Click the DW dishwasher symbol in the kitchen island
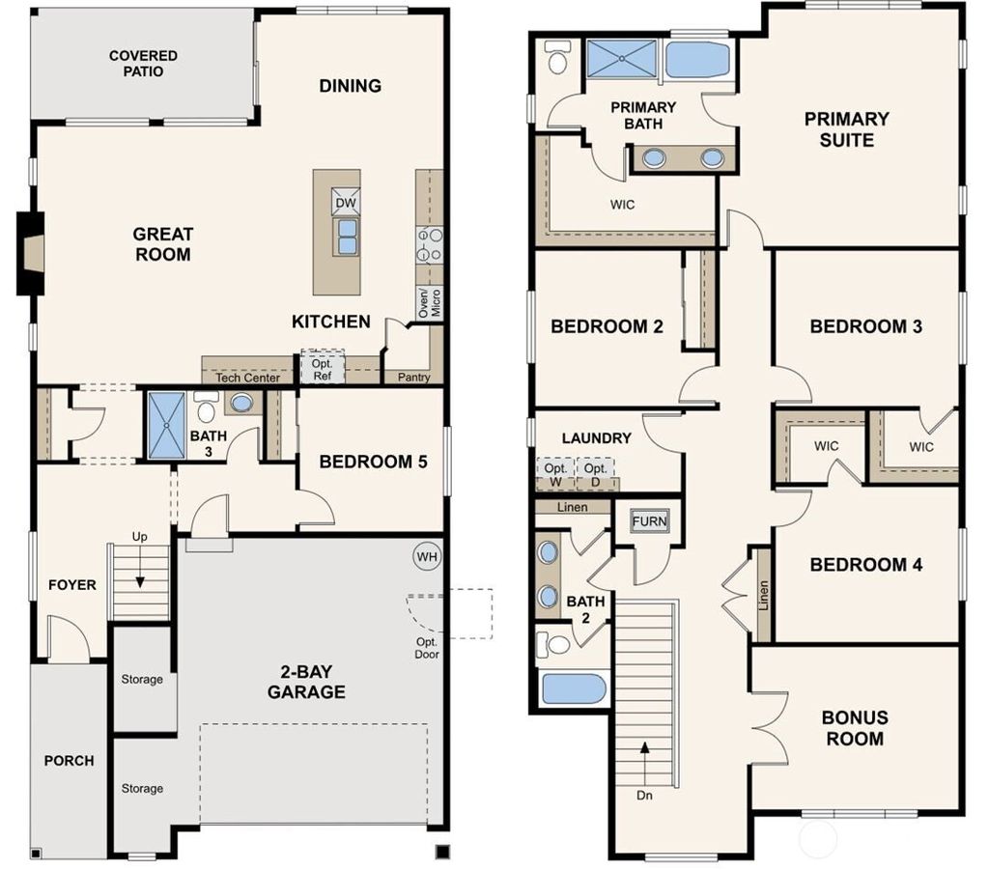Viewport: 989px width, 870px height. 346,202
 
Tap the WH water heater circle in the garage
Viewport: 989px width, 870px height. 427,556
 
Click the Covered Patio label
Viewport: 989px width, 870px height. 143,64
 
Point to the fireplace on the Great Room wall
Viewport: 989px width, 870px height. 30,252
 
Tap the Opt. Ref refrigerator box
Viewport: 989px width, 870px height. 322,370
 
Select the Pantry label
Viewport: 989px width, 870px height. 414,378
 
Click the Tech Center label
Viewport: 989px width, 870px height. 247,378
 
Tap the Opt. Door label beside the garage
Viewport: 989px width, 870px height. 426,648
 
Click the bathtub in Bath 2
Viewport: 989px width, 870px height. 574,689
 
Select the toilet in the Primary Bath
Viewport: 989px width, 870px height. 557,60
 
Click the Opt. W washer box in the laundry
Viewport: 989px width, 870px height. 555,474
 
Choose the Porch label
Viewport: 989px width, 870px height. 70,761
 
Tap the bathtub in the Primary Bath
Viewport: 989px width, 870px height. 699,59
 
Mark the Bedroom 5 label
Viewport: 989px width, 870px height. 373,462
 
